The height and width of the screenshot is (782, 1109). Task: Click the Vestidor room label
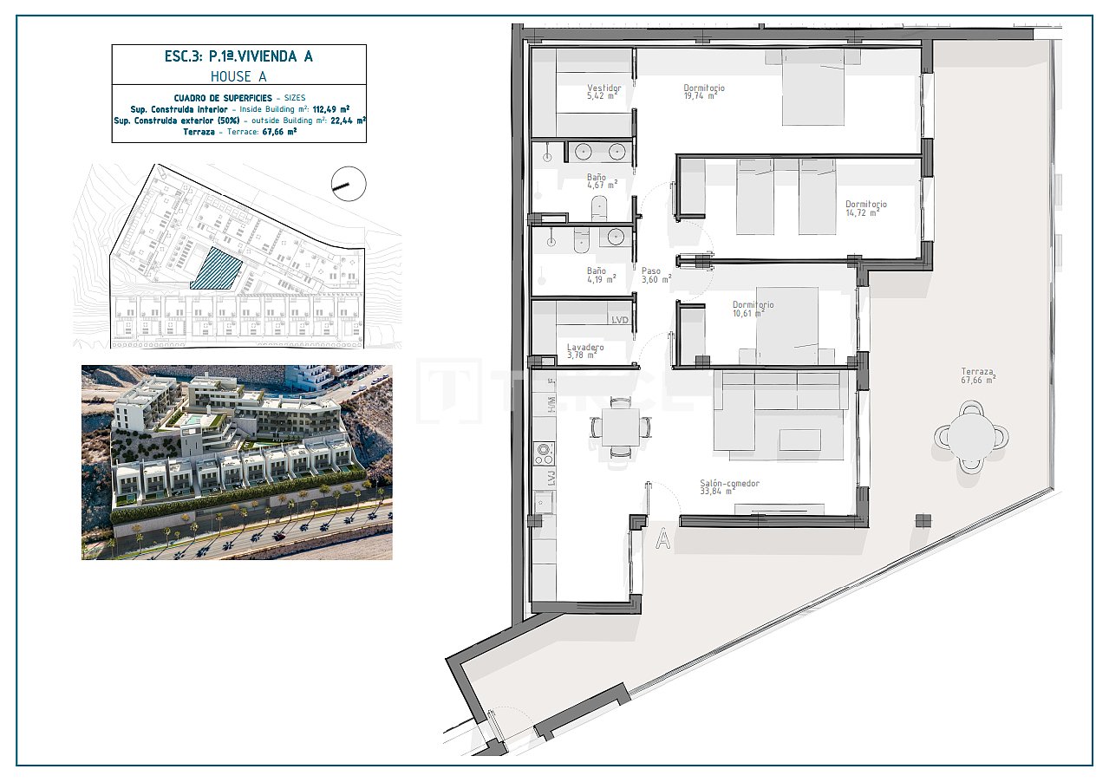click(603, 88)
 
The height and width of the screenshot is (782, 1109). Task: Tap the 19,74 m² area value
click(700, 96)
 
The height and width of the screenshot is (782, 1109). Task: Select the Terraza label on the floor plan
click(976, 371)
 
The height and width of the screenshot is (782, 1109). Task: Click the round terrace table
click(972, 436)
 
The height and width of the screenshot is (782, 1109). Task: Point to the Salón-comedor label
click(730, 483)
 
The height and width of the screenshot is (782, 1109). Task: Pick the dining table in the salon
click(620, 427)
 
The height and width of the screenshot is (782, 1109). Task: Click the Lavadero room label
click(584, 347)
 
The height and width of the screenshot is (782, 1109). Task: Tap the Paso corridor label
click(651, 270)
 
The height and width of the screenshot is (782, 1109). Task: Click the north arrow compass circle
click(349, 184)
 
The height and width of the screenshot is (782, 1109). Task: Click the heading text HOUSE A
click(238, 76)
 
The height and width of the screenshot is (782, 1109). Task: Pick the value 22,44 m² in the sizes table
click(346, 121)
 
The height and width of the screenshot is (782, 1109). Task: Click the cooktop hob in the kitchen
click(545, 453)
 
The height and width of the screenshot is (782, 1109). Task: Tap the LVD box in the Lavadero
click(619, 320)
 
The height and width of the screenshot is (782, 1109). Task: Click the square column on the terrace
click(923, 520)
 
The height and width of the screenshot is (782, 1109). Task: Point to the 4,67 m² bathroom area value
click(601, 185)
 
